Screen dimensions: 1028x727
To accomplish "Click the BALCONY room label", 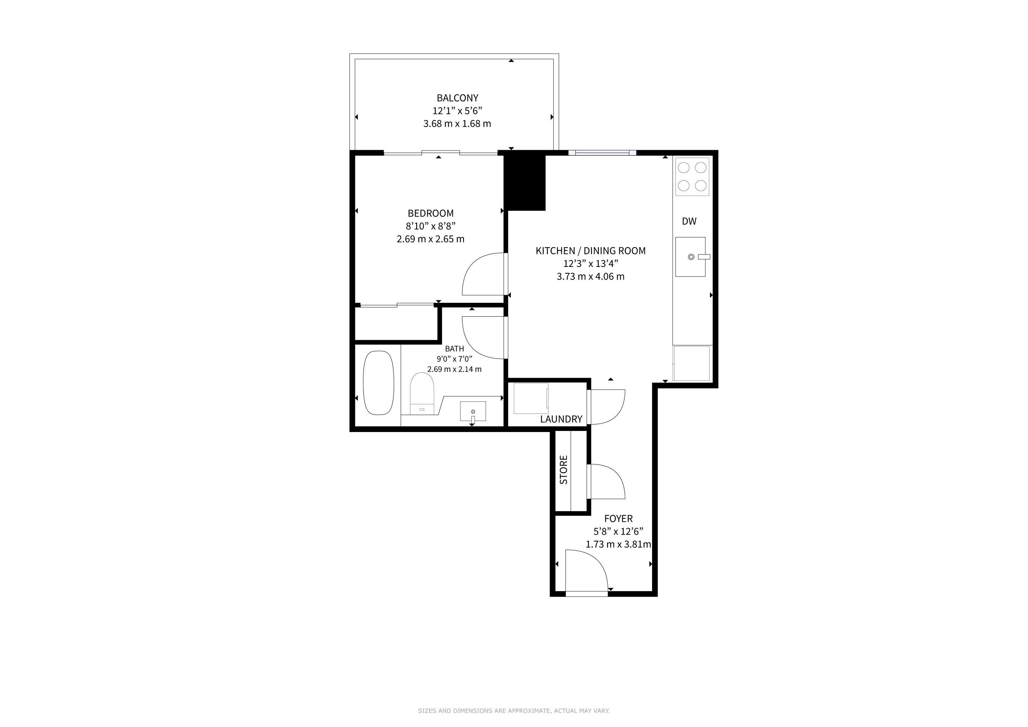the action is (x=457, y=98).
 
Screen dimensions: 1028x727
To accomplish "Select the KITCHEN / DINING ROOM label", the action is (x=591, y=251).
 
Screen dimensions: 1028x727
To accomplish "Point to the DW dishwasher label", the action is (x=689, y=221).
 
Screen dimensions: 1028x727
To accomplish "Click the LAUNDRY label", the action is (x=561, y=419).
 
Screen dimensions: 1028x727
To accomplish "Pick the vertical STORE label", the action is (x=564, y=470).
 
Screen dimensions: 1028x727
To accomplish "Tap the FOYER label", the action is (x=618, y=519).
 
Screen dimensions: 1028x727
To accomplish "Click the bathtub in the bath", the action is (x=378, y=383).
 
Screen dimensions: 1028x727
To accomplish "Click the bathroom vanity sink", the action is (x=473, y=411).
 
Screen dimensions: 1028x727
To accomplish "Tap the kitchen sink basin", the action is (x=690, y=257).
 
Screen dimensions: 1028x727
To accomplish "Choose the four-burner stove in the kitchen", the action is (x=692, y=176).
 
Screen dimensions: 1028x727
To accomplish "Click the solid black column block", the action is (x=525, y=182).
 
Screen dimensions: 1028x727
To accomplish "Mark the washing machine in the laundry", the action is (x=531, y=398).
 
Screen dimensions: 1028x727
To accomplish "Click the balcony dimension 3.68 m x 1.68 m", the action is (x=457, y=124).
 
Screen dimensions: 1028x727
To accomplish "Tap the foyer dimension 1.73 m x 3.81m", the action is (x=618, y=544).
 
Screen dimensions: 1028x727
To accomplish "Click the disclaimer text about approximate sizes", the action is (x=514, y=710).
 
